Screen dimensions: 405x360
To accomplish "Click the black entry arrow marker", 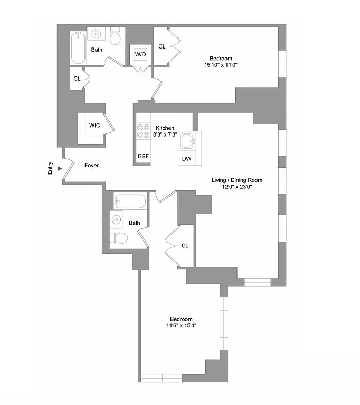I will pos(60,168).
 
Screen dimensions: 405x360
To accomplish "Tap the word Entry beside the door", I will pos(50,168).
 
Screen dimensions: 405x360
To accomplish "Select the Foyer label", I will pos(92,166).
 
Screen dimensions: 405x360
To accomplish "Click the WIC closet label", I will pos(94,126).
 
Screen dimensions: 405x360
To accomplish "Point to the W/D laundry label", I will pos(140,54).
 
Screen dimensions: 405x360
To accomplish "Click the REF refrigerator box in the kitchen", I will pos(143,157).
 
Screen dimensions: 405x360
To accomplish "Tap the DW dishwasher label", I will pos(186,159).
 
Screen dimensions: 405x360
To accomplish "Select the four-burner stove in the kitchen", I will pos(143,130).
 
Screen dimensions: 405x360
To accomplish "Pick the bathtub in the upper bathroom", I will pos(79,48).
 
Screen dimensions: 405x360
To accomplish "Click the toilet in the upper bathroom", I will pos(115,38).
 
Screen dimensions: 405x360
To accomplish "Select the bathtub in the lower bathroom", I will pos(129,201).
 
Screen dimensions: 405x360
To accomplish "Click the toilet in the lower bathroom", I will pos(120,238).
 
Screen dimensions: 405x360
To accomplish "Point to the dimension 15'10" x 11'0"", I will pos(220,65).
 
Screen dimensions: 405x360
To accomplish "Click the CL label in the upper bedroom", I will pos(162,46).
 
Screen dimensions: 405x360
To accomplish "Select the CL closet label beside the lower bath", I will pos(185,246).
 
